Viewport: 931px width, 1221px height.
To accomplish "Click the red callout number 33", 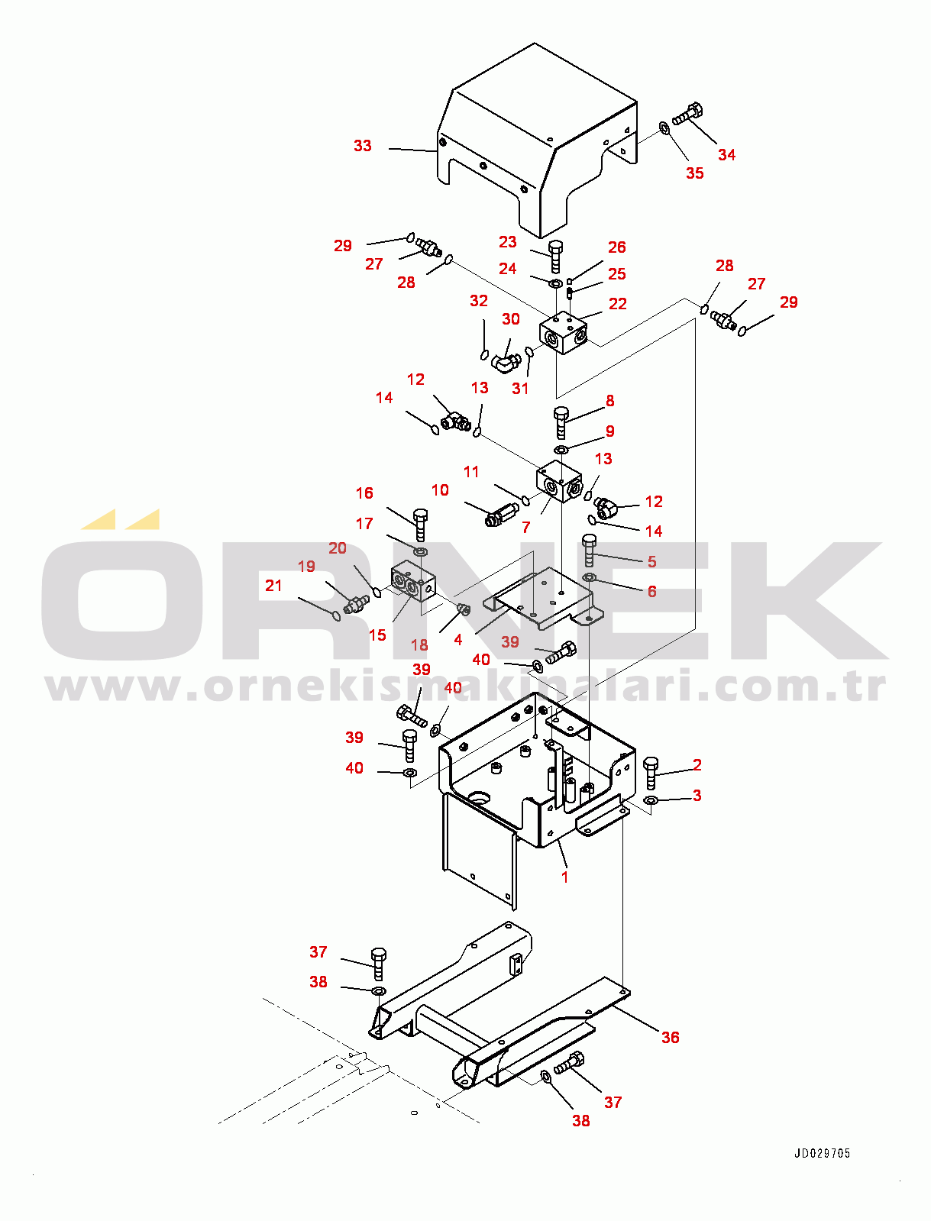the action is [x=363, y=146].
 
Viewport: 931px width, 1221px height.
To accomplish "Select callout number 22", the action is [x=617, y=304].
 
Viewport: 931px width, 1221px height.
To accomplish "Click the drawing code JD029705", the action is [x=822, y=1154].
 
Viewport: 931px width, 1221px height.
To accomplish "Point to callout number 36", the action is [x=670, y=1037].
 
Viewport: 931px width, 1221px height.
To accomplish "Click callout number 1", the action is [x=565, y=877].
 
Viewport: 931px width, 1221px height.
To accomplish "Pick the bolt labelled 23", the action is [x=555, y=257].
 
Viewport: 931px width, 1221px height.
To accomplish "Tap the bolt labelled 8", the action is [x=561, y=423].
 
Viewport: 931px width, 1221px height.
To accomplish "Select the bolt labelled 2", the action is [x=651, y=774].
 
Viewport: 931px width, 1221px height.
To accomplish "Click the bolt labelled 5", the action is [x=589, y=550].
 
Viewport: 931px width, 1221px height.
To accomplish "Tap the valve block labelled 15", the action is [x=412, y=581].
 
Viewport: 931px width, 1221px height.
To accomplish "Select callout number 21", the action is [x=273, y=585].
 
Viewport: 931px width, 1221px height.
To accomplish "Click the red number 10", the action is [x=440, y=490].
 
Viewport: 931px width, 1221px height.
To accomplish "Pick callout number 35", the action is [x=695, y=173].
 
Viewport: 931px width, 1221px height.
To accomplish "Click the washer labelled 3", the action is [x=650, y=800].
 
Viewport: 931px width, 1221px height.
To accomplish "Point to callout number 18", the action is [x=419, y=644].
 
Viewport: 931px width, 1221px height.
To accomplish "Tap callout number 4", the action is [x=457, y=640].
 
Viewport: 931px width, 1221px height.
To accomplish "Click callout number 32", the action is [x=479, y=301].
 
